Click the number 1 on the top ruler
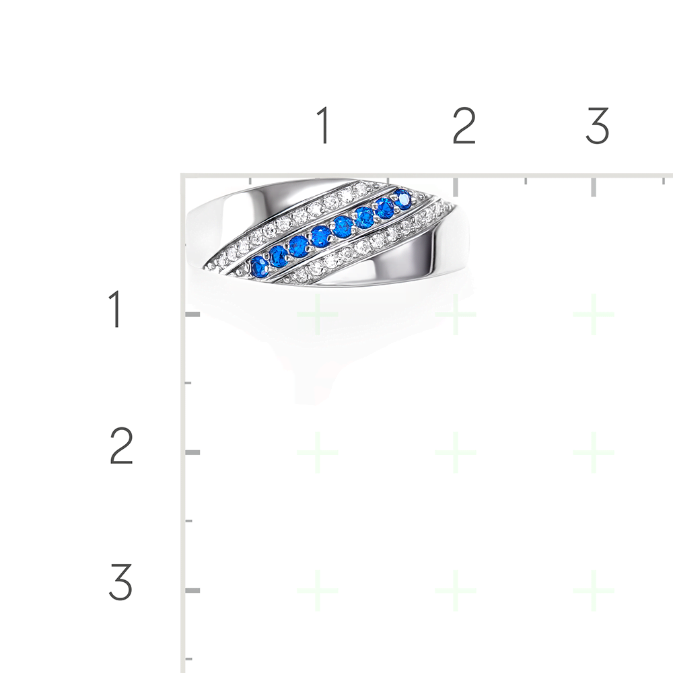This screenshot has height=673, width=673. [324, 125]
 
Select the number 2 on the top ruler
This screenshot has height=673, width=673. [464, 125]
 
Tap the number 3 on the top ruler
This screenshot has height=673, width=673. [598, 125]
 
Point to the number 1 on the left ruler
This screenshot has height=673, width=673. [115, 309]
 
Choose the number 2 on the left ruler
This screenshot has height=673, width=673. [121, 446]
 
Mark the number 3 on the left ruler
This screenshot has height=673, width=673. [120, 582]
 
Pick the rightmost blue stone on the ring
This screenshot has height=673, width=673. [402, 199]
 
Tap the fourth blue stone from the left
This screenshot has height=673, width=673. [320, 236]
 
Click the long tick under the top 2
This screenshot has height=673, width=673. [456, 186]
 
